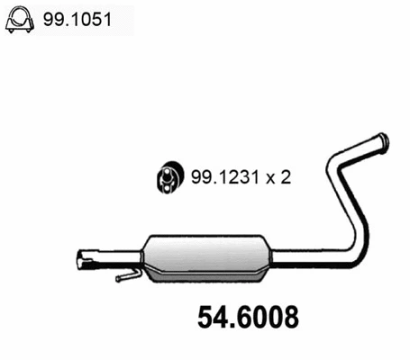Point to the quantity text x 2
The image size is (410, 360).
[x=277, y=176]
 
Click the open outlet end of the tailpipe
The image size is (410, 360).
[x=383, y=142]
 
